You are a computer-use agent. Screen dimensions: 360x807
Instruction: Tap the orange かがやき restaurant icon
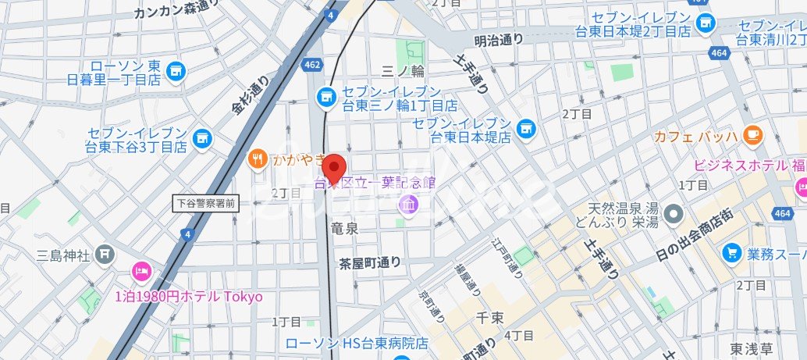pyautogui.click(x=257, y=160)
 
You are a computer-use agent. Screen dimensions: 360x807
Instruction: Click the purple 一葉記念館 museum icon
pyautogui.click(x=407, y=205)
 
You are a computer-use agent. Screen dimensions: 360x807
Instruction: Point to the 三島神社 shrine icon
pyautogui.click(x=105, y=255)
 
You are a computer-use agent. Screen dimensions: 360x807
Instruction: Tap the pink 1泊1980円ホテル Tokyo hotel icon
pyautogui.click(x=142, y=271)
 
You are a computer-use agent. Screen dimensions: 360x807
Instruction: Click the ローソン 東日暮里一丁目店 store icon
pyautogui.click(x=174, y=71)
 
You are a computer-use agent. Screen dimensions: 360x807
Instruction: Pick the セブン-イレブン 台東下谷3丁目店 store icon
pyautogui.click(x=202, y=137)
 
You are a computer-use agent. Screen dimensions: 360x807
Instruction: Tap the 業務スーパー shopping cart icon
pyautogui.click(x=731, y=252)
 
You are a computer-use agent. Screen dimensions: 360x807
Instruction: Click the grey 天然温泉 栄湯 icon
pyautogui.click(x=676, y=212)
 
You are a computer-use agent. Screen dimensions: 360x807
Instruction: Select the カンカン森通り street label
pyautogui.click(x=176, y=12)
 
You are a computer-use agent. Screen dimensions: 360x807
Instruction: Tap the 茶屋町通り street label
pyautogui.click(x=370, y=262)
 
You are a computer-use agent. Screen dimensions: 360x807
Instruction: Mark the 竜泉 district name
pyautogui.click(x=344, y=228)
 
